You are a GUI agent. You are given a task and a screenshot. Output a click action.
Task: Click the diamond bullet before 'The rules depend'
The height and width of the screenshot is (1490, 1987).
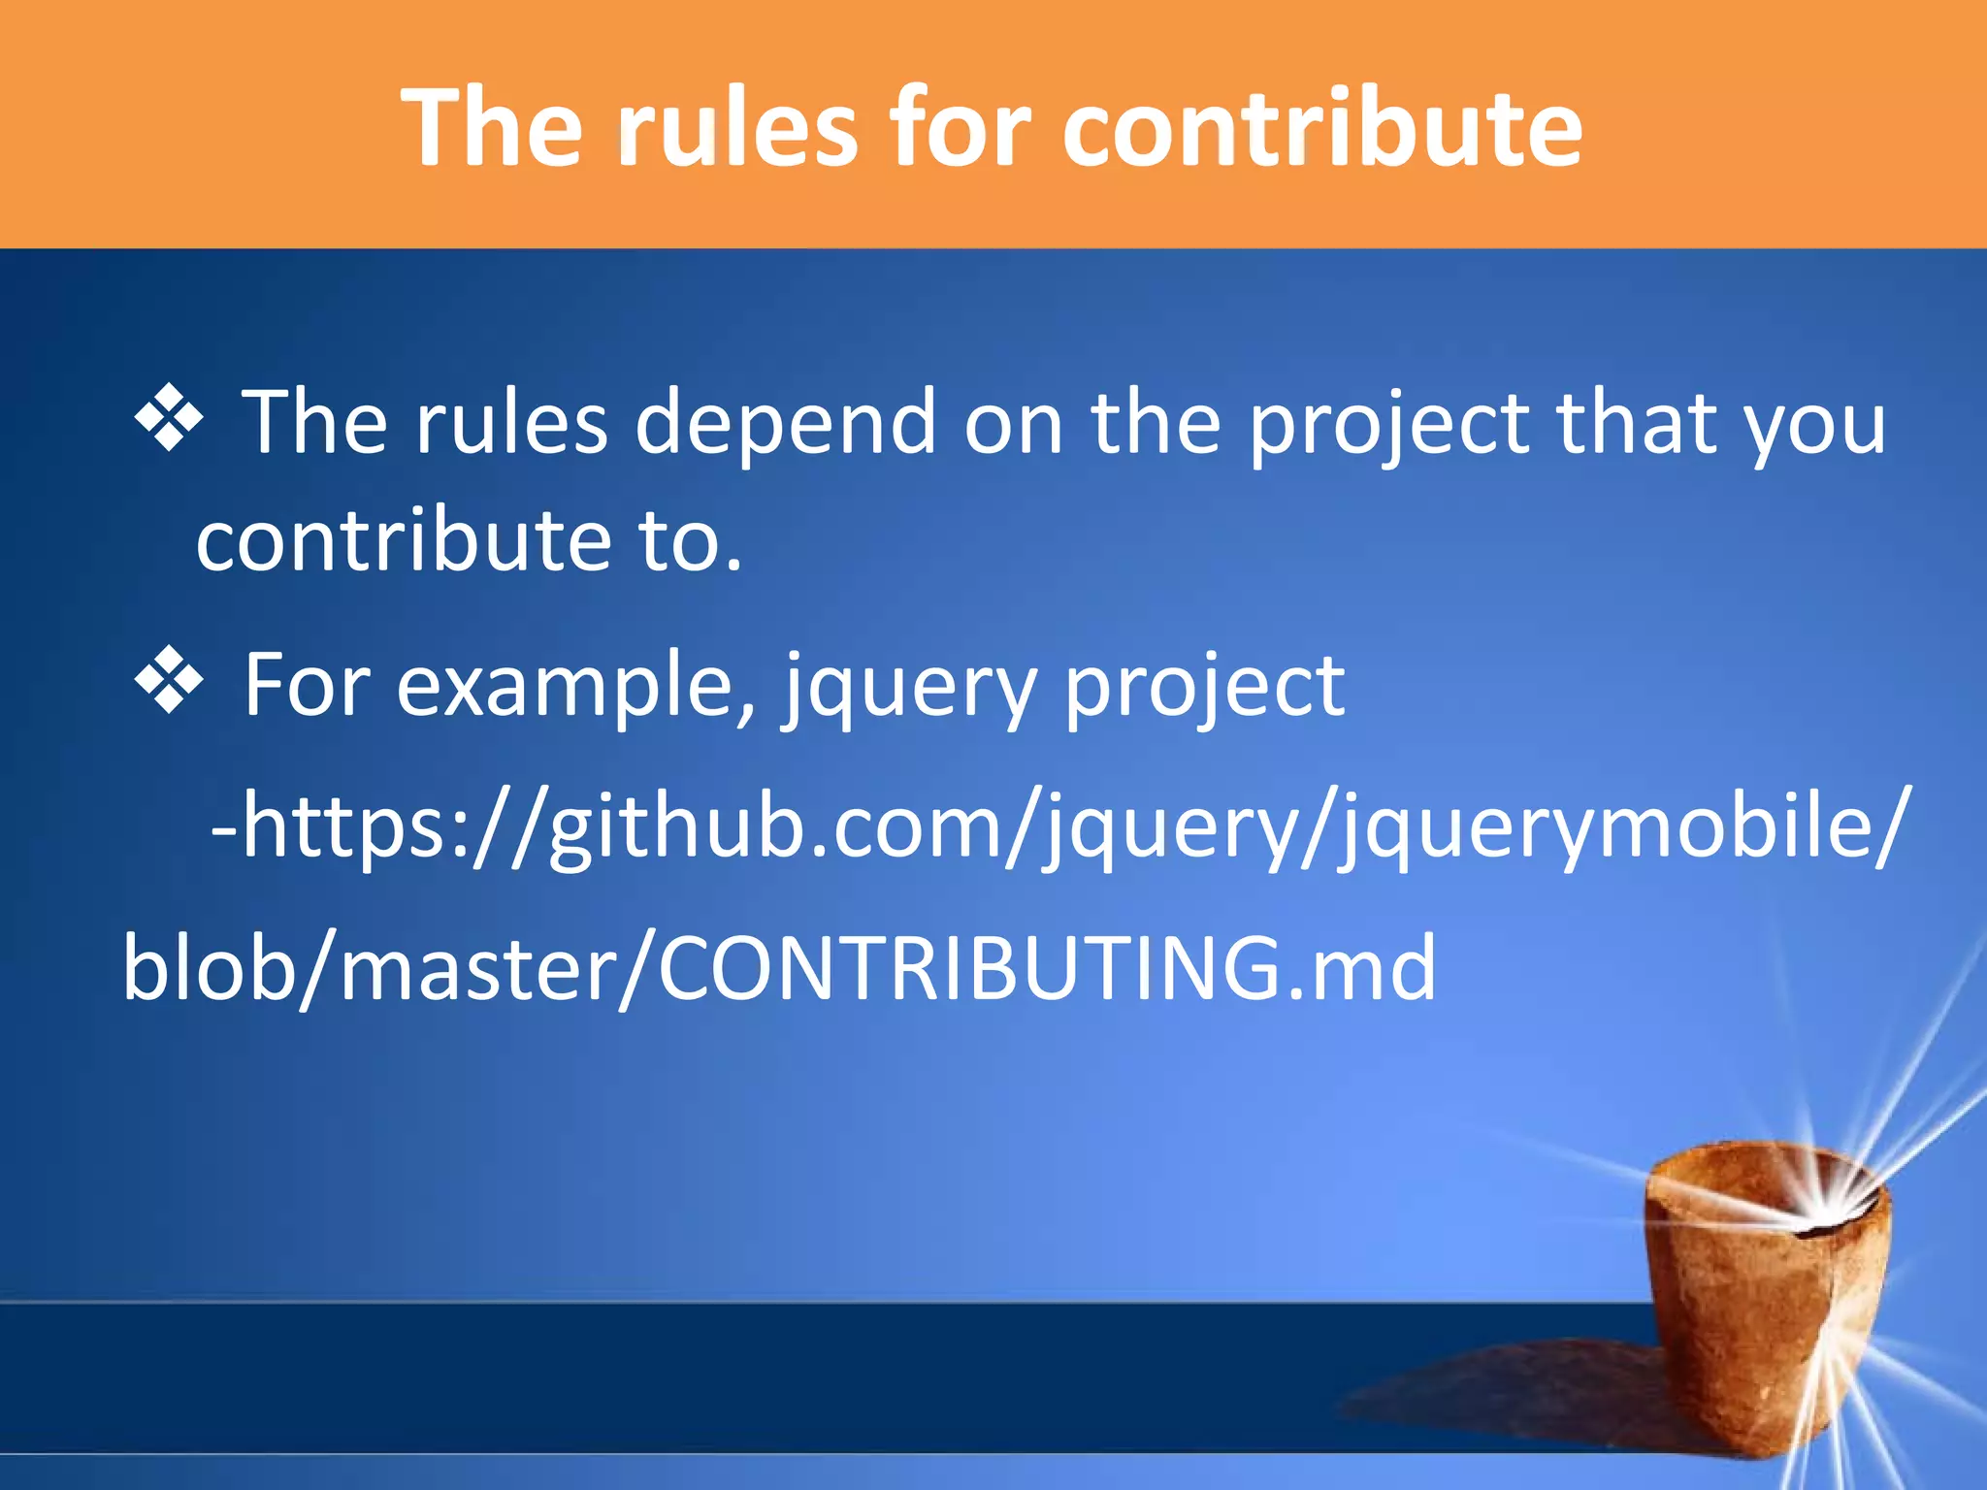pyautogui.click(x=169, y=419)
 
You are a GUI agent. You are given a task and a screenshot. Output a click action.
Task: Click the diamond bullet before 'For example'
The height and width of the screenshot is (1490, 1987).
pyautogui.click(x=169, y=682)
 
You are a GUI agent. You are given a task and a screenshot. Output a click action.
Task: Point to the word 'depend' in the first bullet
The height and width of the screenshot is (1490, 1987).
pyautogui.click(x=785, y=423)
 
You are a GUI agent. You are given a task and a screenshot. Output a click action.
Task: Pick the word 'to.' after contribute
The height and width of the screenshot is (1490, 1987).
pyautogui.click(x=691, y=541)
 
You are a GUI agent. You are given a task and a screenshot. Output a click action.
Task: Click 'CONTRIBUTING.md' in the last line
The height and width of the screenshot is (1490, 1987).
pyautogui.click(x=1047, y=968)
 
